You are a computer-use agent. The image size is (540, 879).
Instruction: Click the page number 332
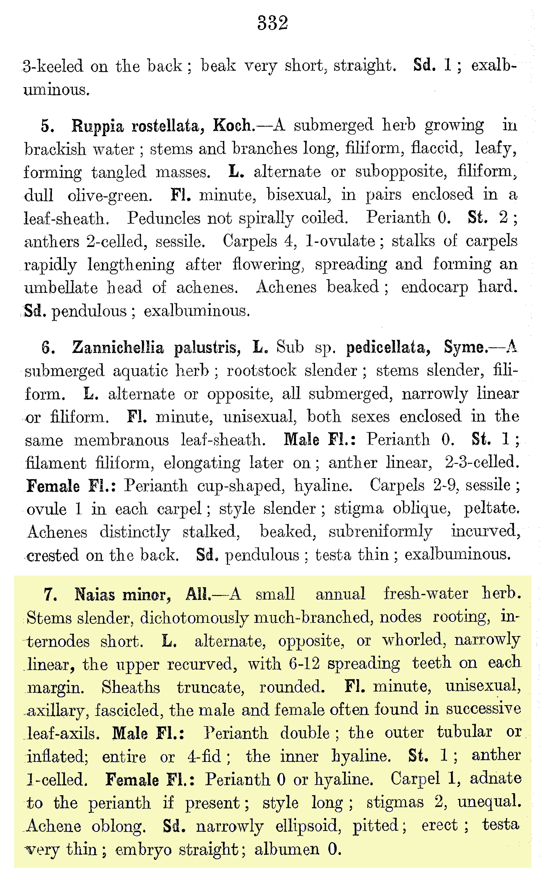pyautogui.click(x=272, y=23)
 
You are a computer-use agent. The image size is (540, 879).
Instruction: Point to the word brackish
pyautogui.click(x=55, y=149)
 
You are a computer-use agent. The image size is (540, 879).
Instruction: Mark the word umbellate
pyautogui.click(x=61, y=287)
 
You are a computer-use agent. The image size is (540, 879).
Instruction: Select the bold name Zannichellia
pyautogui.click(x=118, y=347)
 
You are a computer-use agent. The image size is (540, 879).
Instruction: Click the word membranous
pyautogui.click(x=121, y=440)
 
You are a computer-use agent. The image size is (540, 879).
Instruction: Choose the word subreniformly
pyautogui.click(x=380, y=532)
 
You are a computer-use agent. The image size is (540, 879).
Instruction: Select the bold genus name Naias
pyautogui.click(x=94, y=595)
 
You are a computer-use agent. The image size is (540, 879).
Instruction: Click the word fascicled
pyautogui.click(x=126, y=710)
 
